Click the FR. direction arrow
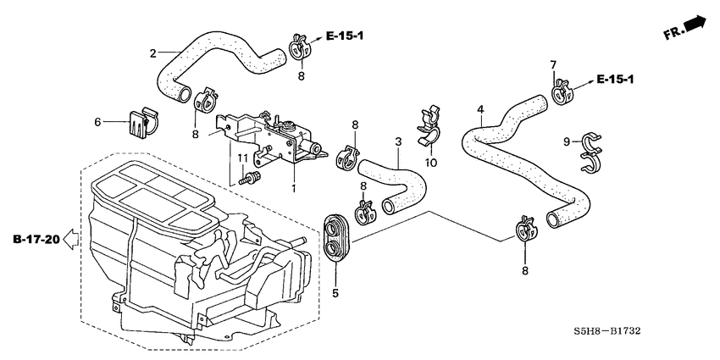pyautogui.click(x=695, y=23)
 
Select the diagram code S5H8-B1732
pyautogui.click(x=608, y=330)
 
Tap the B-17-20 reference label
pyautogui.click(x=36, y=239)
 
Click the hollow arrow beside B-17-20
pyautogui.click(x=70, y=239)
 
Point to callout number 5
pyautogui.click(x=335, y=292)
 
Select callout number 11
pyautogui.click(x=242, y=158)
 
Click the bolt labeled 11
pyautogui.click(x=250, y=178)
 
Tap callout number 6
pyautogui.click(x=97, y=122)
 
